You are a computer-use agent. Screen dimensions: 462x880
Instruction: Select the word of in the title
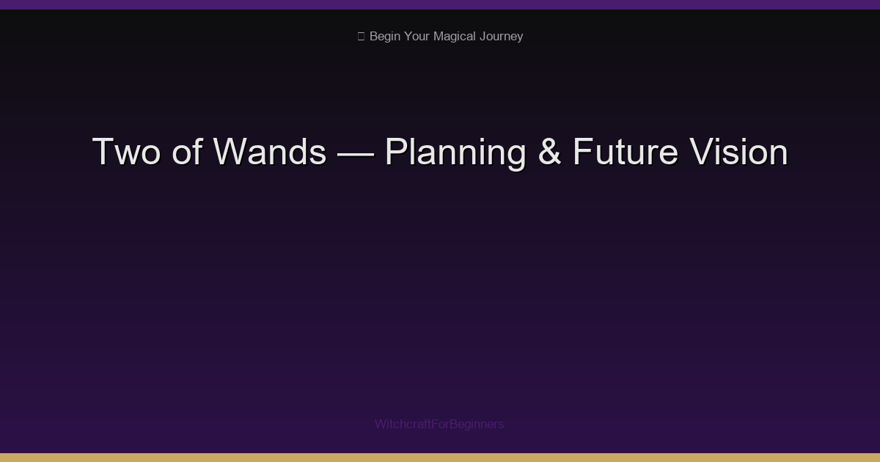click(187, 153)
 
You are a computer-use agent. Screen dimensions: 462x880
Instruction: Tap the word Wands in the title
click(270, 153)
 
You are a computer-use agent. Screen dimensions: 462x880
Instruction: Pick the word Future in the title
click(625, 153)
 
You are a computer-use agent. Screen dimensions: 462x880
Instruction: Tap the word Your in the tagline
click(417, 37)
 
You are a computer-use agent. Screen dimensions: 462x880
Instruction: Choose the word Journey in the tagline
click(501, 37)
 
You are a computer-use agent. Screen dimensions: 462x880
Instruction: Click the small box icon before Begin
click(361, 37)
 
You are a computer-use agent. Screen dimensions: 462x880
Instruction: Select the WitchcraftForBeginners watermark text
click(439, 424)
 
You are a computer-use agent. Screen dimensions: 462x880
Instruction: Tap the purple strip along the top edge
click(440, 4)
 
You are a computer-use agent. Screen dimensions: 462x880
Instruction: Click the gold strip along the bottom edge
click(440, 458)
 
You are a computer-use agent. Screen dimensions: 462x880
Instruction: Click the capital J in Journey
click(483, 37)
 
